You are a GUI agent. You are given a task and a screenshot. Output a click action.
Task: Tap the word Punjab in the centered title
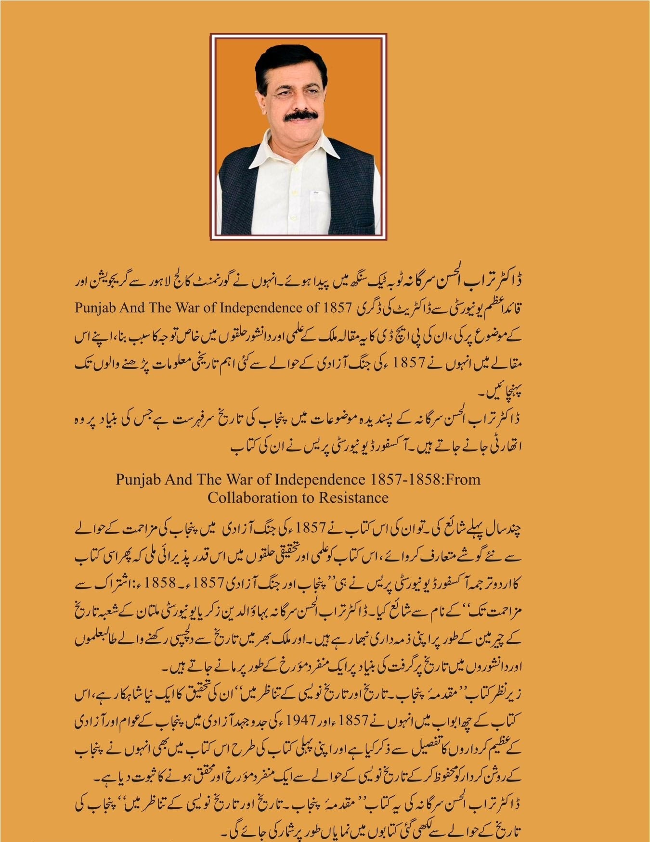(139, 479)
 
